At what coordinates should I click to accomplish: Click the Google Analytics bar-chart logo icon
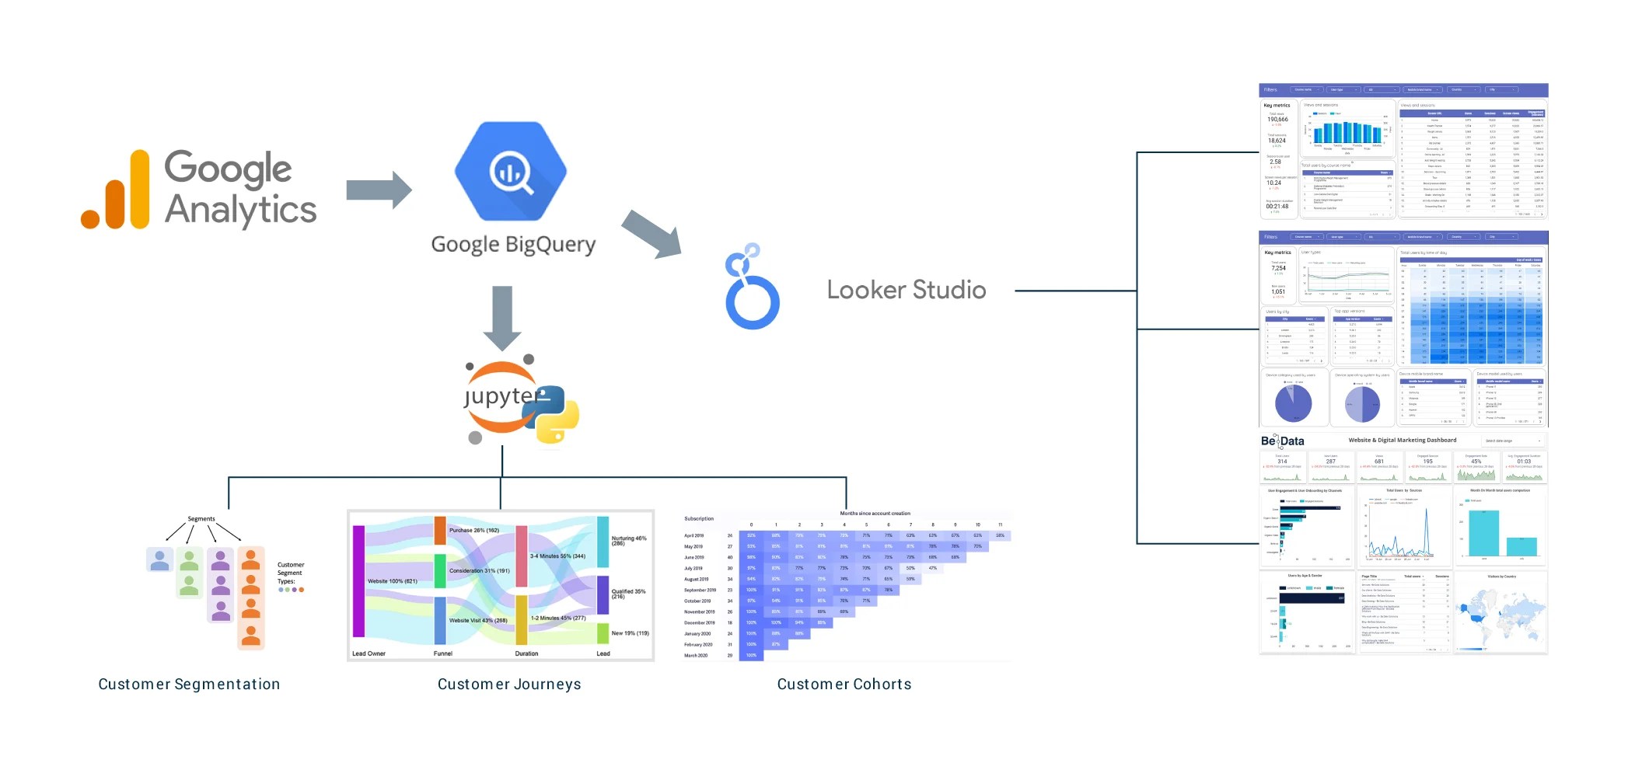click(117, 191)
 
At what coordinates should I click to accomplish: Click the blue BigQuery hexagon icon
click(510, 172)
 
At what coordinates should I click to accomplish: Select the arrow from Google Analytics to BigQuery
click(379, 190)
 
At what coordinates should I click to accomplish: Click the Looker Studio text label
click(906, 290)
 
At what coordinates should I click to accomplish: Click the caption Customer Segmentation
click(189, 684)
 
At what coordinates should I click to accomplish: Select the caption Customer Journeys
click(509, 684)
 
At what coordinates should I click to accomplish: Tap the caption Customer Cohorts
click(844, 684)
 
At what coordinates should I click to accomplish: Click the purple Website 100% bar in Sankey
click(358, 581)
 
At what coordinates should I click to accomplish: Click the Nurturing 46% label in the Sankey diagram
click(628, 540)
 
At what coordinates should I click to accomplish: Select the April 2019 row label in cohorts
click(693, 535)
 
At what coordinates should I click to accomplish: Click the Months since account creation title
click(875, 514)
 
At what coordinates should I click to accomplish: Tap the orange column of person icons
click(250, 598)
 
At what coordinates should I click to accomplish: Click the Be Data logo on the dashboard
click(1282, 441)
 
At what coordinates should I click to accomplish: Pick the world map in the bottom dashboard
click(1500, 615)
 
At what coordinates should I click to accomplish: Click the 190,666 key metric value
click(1277, 120)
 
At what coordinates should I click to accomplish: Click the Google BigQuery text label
click(513, 245)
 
